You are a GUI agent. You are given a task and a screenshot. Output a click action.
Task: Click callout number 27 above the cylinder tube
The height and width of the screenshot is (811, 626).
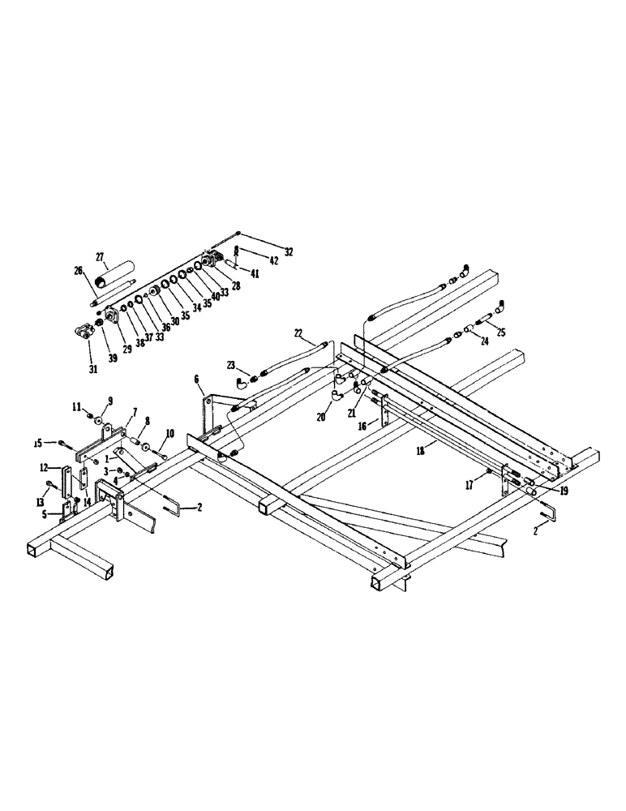101,257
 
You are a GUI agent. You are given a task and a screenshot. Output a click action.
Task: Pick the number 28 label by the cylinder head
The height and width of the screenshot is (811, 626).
236,285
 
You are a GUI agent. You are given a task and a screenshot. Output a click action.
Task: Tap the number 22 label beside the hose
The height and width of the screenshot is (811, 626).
298,333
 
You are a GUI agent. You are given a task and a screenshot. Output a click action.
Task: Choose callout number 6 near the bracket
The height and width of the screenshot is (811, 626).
195,379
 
